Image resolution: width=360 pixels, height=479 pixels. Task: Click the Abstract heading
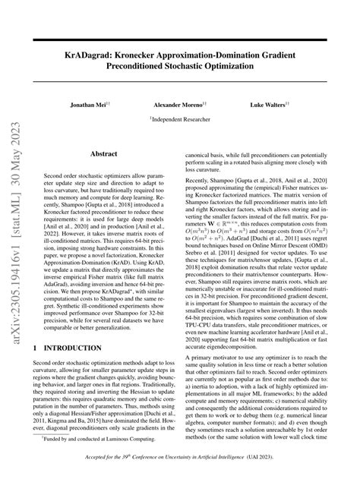(104, 153)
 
